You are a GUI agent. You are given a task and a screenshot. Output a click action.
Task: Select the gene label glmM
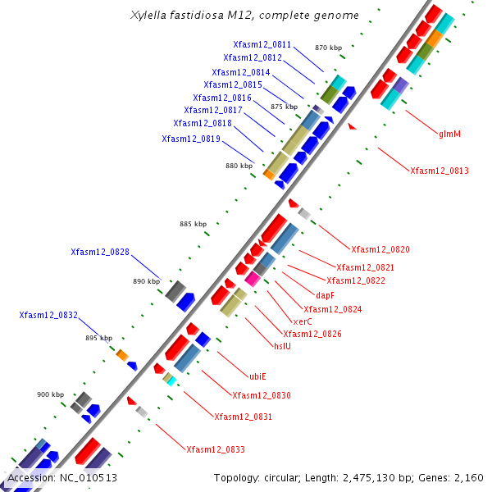449,134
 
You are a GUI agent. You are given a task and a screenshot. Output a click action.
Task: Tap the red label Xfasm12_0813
440,171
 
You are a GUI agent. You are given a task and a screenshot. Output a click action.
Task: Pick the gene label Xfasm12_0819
191,139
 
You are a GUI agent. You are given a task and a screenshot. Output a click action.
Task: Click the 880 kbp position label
239,166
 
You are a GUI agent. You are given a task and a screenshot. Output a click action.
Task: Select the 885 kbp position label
194,224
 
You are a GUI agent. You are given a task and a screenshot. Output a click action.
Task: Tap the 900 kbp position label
50,394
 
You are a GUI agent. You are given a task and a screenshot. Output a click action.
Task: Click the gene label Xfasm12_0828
100,253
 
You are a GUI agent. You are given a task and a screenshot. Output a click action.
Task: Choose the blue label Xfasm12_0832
48,315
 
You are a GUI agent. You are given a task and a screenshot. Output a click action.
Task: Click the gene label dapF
326,295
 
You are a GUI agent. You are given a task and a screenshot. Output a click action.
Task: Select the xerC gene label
302,321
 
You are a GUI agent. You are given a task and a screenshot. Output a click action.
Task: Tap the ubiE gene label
257,377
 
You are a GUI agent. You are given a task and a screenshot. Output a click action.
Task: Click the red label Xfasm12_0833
216,449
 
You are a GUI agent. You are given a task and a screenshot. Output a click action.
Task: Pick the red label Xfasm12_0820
380,249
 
